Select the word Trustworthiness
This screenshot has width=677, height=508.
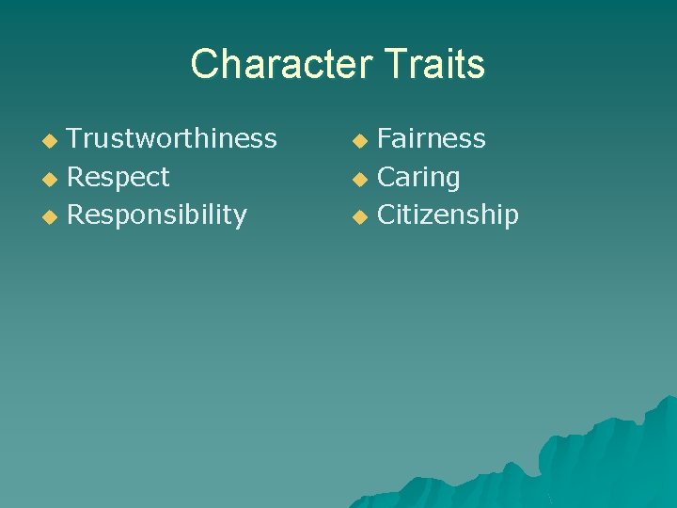pyautogui.click(x=172, y=138)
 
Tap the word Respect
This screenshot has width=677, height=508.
pyautogui.click(x=118, y=177)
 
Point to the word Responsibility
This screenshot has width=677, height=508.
pyautogui.click(x=157, y=214)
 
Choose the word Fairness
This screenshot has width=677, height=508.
pyautogui.click(x=432, y=138)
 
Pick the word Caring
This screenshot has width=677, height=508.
pyautogui.click(x=418, y=177)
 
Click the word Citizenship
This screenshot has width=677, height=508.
pyautogui.click(x=448, y=214)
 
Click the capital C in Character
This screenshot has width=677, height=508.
pyautogui.click(x=204, y=64)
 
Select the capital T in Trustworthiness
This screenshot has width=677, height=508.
pyautogui.click(x=75, y=138)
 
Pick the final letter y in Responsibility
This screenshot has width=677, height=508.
pyautogui.click(x=240, y=217)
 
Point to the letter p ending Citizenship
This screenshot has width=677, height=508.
pyautogui.click(x=511, y=217)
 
